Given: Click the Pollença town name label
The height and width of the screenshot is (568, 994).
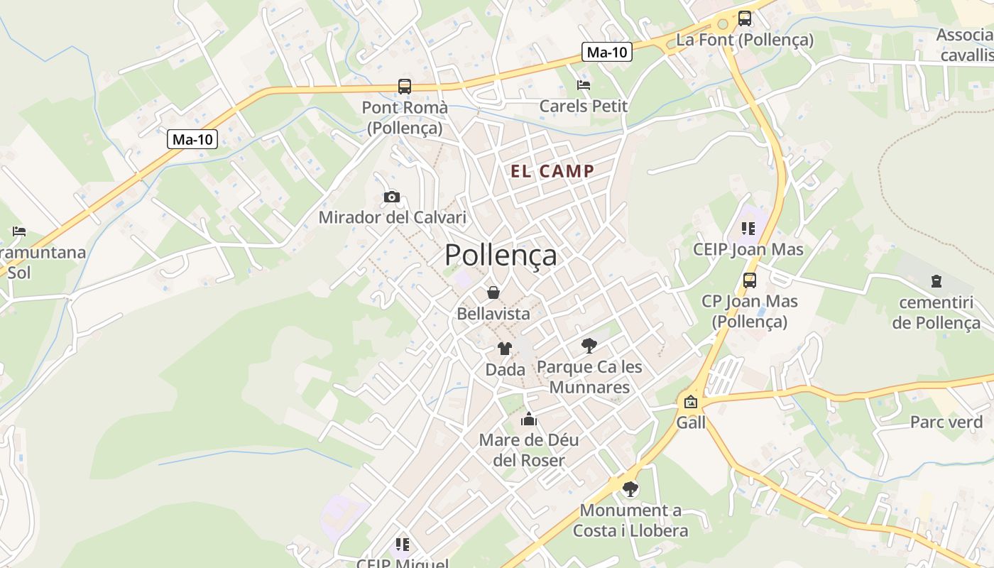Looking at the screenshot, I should point(501,256).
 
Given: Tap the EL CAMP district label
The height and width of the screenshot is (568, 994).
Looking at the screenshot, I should point(552,171).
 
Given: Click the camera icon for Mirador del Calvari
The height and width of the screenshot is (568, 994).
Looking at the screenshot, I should point(392,197).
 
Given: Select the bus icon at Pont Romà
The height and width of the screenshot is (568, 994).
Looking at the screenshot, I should point(405,87).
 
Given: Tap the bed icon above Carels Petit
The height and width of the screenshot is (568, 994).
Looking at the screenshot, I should point(584,85).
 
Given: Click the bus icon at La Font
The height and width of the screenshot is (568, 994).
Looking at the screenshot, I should point(744,18).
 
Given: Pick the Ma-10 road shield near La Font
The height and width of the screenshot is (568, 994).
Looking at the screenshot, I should point(607,52).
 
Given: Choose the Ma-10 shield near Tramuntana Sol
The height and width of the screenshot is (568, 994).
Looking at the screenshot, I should point(192,139).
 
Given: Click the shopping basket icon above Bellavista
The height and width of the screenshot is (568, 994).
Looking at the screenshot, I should point(493,293).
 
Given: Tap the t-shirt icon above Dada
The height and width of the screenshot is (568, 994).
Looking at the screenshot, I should point(505,349).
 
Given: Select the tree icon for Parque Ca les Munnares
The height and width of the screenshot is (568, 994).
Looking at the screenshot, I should point(589,346).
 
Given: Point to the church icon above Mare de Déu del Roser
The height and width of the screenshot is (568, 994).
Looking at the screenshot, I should point(529,419).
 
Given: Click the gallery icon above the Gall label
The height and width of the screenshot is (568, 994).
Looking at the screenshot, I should point(690,402).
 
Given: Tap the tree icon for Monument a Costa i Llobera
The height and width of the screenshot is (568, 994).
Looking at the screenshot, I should point(630,489).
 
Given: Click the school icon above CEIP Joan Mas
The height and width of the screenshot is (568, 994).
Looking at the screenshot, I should point(748,228).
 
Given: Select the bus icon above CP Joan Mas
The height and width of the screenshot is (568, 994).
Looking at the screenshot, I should point(750,280).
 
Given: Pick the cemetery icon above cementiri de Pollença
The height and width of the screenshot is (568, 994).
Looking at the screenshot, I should point(936,281).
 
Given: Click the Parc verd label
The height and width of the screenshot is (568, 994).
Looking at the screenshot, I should point(946,422).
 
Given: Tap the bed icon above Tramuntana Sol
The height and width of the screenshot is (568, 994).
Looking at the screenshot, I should point(19,231).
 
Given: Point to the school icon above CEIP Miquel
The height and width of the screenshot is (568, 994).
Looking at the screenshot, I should point(403,545).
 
